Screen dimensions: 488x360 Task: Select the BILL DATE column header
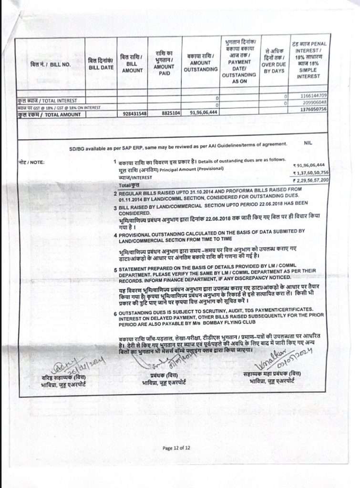101,64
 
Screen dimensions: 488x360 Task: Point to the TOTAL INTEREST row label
47,101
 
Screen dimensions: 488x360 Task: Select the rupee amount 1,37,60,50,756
309,173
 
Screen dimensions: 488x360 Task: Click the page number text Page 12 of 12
176,447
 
